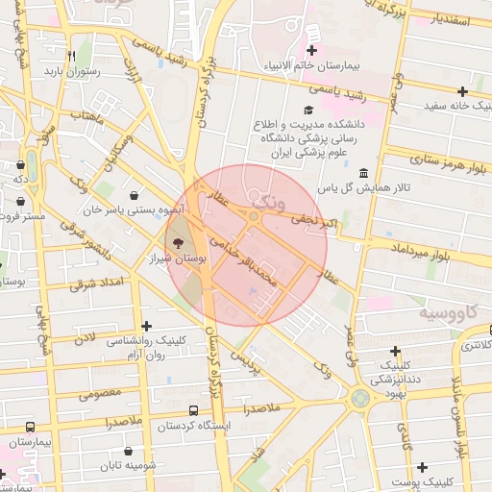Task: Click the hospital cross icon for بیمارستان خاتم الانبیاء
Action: coord(311,50)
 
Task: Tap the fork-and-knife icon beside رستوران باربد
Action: coord(71,55)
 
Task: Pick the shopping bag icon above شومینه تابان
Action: coord(129,450)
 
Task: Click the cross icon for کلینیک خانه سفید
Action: coord(462,91)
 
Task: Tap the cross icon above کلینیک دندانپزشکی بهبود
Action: coord(395,351)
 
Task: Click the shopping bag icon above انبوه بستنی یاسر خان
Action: coord(145,194)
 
